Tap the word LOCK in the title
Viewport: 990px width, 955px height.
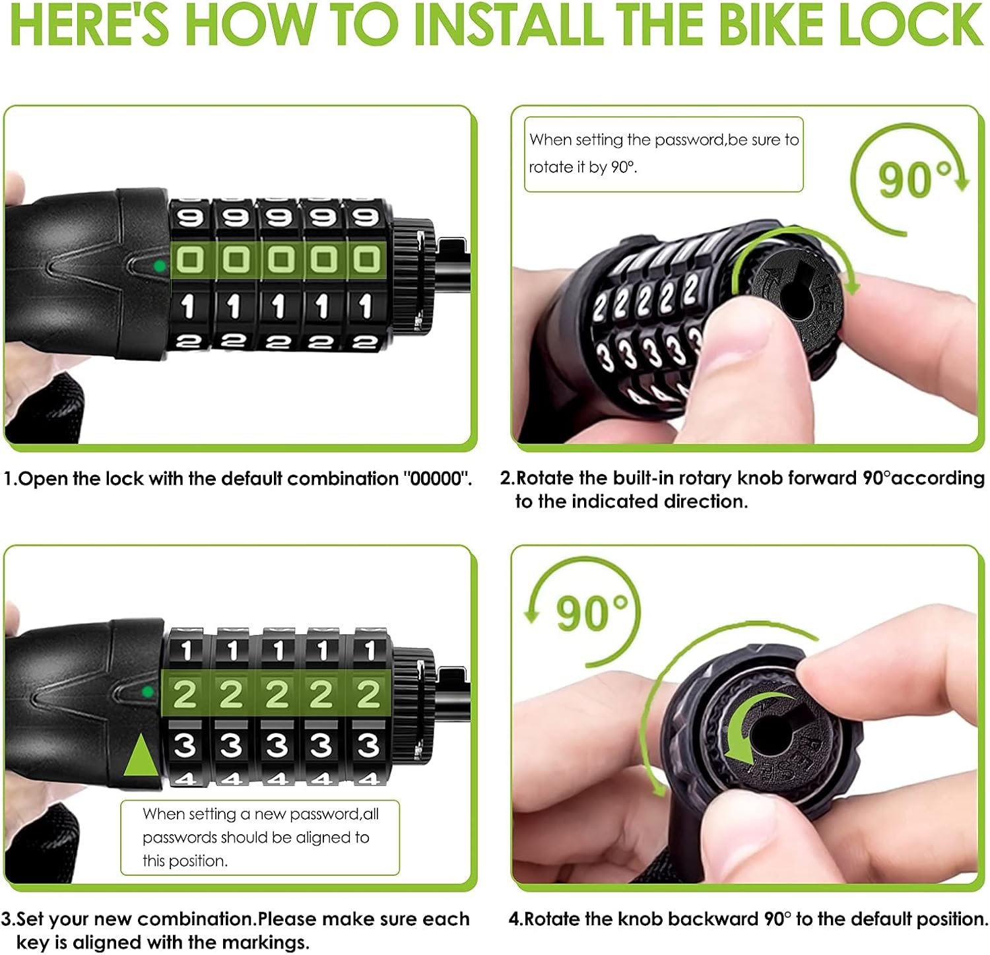click(x=911, y=25)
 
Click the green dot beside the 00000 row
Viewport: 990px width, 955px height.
click(x=159, y=267)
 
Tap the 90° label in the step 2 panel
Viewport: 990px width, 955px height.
click(x=914, y=179)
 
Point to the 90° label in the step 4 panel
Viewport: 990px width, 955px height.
click(x=592, y=613)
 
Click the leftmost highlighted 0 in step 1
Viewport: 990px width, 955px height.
click(x=189, y=260)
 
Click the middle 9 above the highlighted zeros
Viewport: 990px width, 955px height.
click(x=278, y=217)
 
